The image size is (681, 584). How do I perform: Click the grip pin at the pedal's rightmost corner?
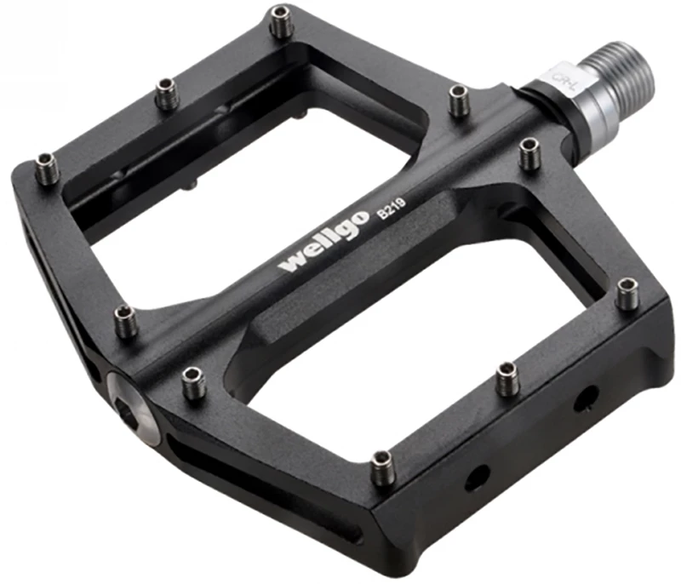(627, 293)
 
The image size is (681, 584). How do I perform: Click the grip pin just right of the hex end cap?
(192, 383)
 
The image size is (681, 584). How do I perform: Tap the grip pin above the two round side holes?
(508, 377)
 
